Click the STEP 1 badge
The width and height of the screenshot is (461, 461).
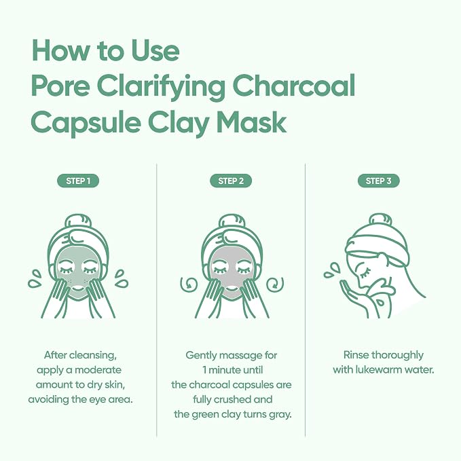[x=78, y=181]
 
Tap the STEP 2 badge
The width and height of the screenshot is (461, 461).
[x=231, y=181]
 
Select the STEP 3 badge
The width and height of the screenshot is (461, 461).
[x=379, y=181]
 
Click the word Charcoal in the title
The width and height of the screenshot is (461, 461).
[x=294, y=86]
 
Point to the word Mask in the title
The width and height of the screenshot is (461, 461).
[x=251, y=122]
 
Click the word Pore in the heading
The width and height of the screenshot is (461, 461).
[x=60, y=86]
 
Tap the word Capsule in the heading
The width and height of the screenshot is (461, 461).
[x=86, y=124]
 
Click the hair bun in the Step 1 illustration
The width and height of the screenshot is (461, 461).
[x=78, y=221]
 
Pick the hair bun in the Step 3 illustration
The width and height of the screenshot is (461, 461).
[x=380, y=219]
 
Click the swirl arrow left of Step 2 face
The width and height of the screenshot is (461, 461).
[x=189, y=284]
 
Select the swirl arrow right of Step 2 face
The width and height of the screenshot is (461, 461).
[x=274, y=284]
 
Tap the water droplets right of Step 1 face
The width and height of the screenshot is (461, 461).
[x=121, y=278]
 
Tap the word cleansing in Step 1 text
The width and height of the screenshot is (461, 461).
[x=93, y=356]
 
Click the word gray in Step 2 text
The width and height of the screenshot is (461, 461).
[x=280, y=415]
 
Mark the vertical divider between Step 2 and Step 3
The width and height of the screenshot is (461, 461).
[x=305, y=300]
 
